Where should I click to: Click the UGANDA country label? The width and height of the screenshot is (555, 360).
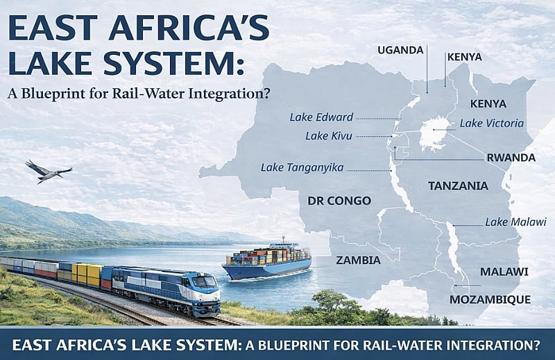pyautogui.click(x=400, y=49)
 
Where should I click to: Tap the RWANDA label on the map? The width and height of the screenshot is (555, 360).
pyautogui.click(x=511, y=157)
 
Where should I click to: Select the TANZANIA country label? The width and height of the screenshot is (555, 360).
pyautogui.click(x=458, y=186)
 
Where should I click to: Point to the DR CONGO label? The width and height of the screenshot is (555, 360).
pyautogui.click(x=339, y=200)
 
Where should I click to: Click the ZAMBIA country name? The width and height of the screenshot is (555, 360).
pyautogui.click(x=358, y=260)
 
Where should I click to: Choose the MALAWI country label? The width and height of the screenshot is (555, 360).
pyautogui.click(x=504, y=271)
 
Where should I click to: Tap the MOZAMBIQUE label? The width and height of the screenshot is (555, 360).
pyautogui.click(x=490, y=300)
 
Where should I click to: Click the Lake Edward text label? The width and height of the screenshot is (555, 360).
pyautogui.click(x=321, y=117)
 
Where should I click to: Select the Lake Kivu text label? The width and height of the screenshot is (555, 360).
pyautogui.click(x=329, y=135)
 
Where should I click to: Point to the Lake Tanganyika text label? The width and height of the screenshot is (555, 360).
pyautogui.click(x=302, y=167)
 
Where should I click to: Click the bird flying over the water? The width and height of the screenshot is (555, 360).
pyautogui.click(x=46, y=171)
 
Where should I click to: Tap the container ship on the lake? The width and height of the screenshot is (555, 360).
pyautogui.click(x=267, y=262)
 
